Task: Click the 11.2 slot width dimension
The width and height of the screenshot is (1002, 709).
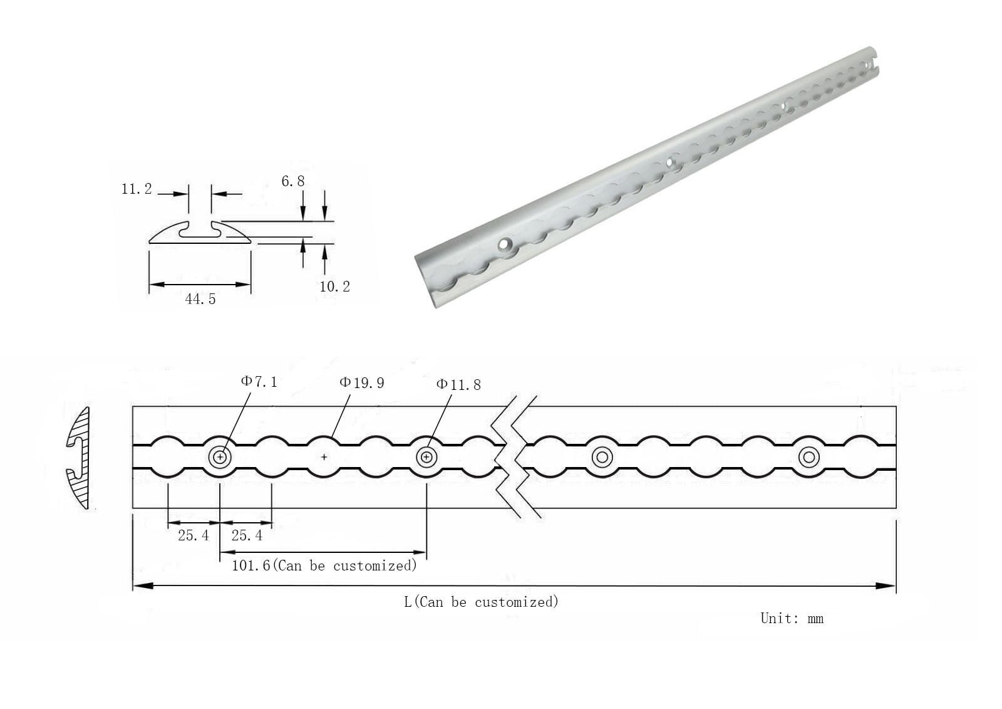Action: [137, 189]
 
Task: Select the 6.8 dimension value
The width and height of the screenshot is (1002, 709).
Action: [293, 181]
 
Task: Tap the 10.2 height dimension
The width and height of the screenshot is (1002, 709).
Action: [334, 286]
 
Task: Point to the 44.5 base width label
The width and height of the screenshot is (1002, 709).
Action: [200, 299]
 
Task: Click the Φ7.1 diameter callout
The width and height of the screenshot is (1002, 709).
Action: [259, 382]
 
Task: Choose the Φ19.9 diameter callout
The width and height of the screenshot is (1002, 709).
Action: [362, 382]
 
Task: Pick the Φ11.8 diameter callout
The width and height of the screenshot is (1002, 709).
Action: [458, 384]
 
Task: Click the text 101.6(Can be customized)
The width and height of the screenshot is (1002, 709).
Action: [324, 565]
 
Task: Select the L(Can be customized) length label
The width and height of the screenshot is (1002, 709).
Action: [482, 602]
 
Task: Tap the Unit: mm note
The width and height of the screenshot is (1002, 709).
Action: [792, 619]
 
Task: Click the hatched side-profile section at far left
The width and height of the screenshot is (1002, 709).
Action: [80, 458]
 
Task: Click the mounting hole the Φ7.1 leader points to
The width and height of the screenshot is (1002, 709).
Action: [220, 457]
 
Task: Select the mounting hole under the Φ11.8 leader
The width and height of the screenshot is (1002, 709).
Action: [426, 457]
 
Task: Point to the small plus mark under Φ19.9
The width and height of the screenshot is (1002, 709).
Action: [324, 457]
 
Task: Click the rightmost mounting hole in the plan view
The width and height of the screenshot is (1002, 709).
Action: [808, 457]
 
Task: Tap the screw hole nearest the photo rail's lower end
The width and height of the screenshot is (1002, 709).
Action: [505, 244]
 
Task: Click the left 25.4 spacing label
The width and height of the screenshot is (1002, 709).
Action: [194, 535]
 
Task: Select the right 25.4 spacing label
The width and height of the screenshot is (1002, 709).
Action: [247, 535]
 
